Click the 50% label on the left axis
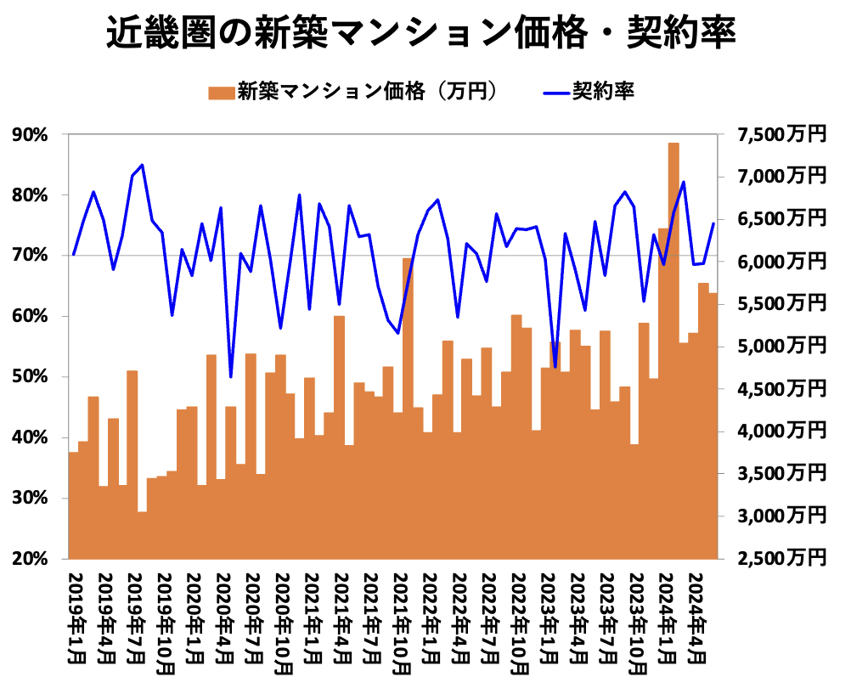coord(31,377)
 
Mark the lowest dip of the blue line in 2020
coord(231,376)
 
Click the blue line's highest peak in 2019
coord(142,165)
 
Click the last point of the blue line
coord(713,223)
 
